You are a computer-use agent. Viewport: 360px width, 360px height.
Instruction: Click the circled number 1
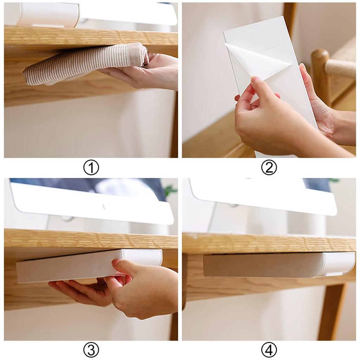click(x=91, y=168)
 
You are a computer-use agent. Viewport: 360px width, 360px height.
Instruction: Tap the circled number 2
click(x=269, y=168)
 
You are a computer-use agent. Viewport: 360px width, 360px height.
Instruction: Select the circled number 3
click(x=91, y=350)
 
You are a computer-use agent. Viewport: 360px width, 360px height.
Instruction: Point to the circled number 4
click(x=269, y=350)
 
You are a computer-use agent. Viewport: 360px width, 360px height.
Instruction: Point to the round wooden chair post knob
click(x=320, y=58)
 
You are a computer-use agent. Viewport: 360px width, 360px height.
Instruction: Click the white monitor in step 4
click(x=264, y=197)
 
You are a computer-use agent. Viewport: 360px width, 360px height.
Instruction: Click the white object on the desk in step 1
click(x=49, y=14)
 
